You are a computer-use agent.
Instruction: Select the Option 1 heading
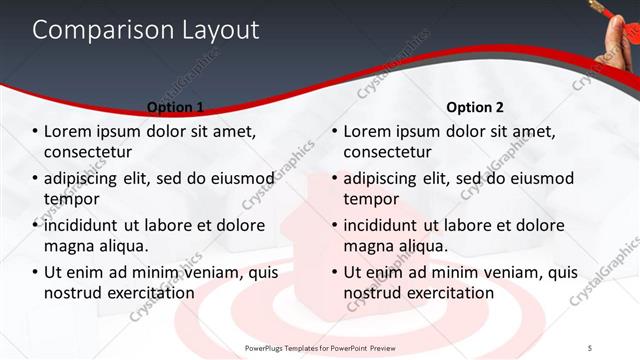click(x=175, y=108)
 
